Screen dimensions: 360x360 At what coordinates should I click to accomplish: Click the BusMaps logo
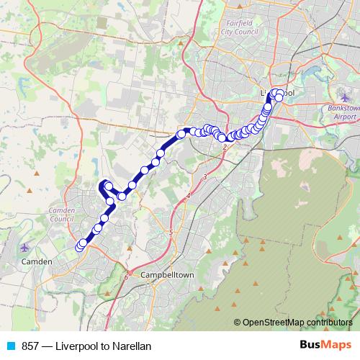coord(325,346)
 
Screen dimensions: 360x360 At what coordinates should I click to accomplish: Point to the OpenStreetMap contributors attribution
coord(295,322)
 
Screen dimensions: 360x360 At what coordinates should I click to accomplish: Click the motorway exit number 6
coord(125,276)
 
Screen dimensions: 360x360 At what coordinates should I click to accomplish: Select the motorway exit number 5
coord(171,232)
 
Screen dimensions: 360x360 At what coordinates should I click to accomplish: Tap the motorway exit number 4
coord(188,196)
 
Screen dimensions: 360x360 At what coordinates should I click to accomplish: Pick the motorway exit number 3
coord(205,176)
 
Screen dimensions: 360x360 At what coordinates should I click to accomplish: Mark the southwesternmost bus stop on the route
coord(79,248)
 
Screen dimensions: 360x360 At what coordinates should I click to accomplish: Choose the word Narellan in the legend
coord(131,346)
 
